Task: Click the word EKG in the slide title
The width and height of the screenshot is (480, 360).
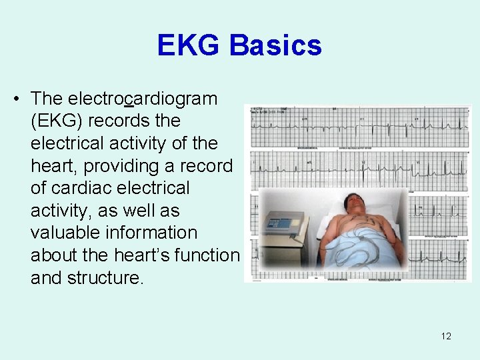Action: coord(189,45)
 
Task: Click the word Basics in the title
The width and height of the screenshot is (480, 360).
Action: coord(276,45)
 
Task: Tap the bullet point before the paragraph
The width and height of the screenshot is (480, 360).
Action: coord(16,99)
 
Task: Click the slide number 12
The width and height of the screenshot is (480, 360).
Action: coord(446,336)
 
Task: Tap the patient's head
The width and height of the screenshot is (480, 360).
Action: coord(352,203)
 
